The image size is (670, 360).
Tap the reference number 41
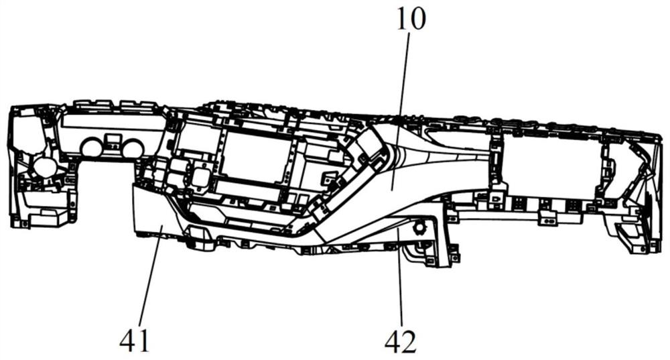(x=135, y=341)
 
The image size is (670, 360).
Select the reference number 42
(x=401, y=342)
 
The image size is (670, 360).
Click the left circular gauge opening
(x=91, y=147)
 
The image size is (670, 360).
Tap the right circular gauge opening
(x=133, y=148)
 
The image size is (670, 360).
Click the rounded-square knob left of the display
(x=200, y=176)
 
